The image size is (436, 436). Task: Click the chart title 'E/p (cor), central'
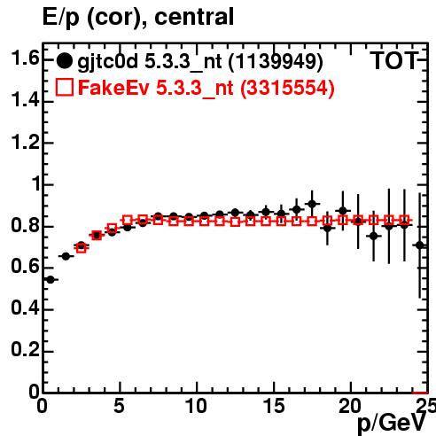point(138,17)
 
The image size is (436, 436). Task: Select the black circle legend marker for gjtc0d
point(64,61)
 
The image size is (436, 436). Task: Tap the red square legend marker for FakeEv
point(64,87)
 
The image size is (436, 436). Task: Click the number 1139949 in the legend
point(276,61)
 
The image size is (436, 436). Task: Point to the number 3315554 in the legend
point(287,88)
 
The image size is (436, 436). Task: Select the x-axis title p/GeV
point(392,423)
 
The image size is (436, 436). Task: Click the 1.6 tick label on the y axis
point(26,58)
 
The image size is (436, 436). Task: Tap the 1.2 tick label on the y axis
point(26,142)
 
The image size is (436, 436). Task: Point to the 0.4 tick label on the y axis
point(26,308)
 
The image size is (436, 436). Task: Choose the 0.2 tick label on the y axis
point(26,350)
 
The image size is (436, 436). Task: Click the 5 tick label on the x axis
point(119,406)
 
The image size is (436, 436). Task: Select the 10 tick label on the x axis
point(196,406)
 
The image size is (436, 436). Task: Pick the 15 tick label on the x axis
point(274,406)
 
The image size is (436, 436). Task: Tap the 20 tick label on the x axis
point(350,406)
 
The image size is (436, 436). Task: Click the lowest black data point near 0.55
point(51,279)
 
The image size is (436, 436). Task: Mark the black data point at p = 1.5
point(66,256)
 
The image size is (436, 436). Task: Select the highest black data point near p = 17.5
point(312,204)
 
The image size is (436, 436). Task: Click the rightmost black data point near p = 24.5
point(420,245)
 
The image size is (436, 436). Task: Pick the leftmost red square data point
point(82,248)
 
